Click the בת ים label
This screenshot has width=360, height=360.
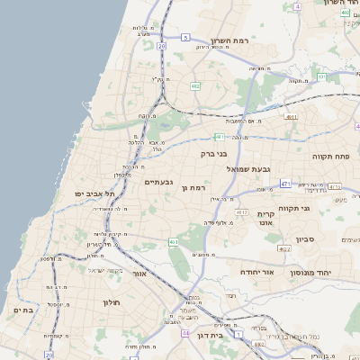coord(22,310)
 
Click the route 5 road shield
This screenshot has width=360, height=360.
coord(185,38)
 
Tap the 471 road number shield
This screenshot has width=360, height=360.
coord(284,184)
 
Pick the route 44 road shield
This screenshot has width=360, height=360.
coord(185,333)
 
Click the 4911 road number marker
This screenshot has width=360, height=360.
coord(335,186)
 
